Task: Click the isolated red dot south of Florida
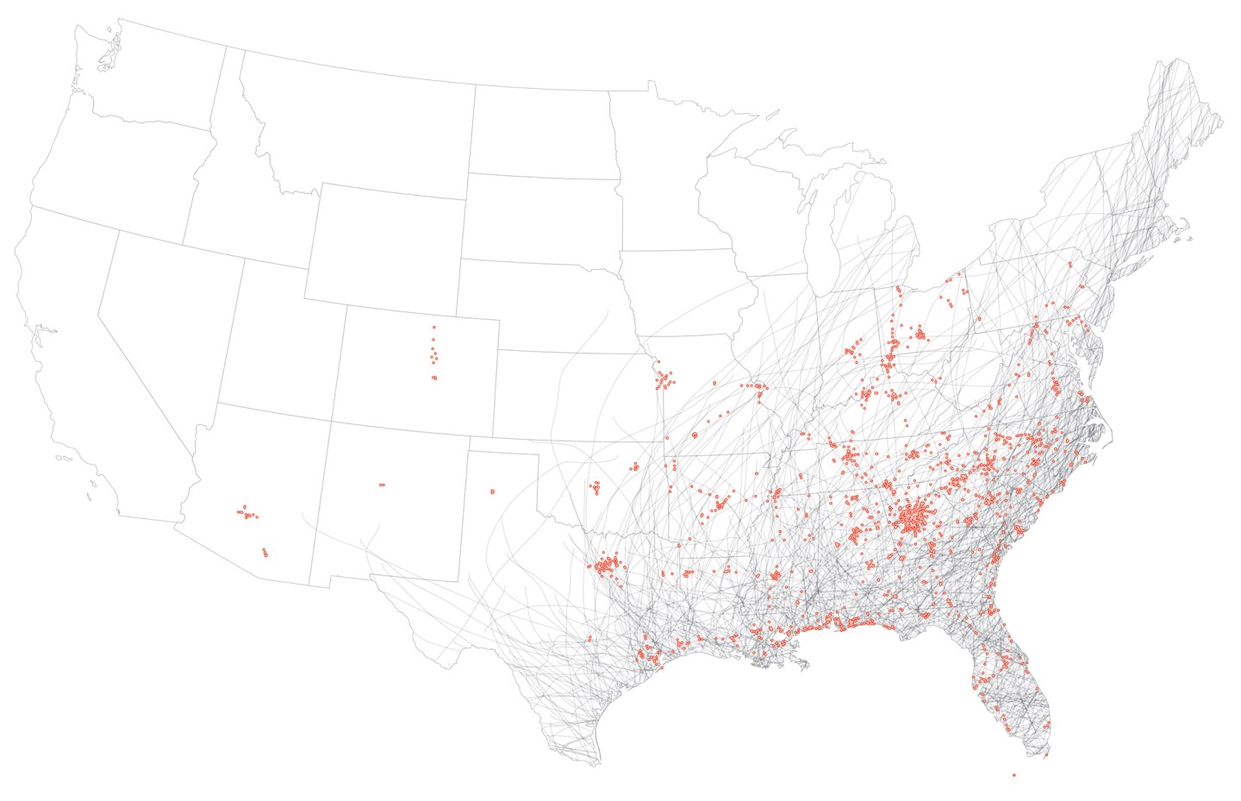[1013, 774]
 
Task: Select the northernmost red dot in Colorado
[433, 327]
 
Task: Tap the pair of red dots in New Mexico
[382, 485]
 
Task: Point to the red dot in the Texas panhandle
[492, 491]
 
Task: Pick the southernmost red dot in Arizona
[265, 554]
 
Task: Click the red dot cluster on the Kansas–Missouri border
[664, 379]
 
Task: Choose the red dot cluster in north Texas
[607, 565]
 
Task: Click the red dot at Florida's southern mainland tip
[1046, 755]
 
